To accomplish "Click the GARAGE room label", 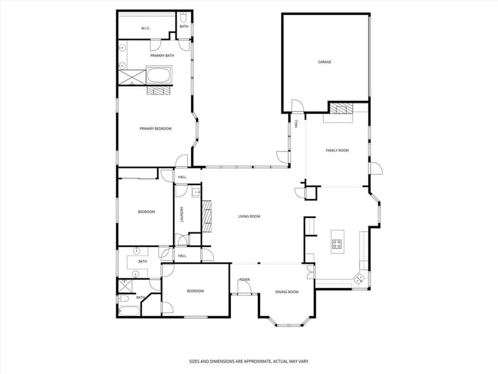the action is coord(324,62).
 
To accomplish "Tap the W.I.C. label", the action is coord(146,29).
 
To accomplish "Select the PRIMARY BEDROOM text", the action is coord(155,129).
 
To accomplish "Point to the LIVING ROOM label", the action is coord(249,216).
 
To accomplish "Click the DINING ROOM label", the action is coord(286,292).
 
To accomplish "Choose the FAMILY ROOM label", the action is coord(337,150).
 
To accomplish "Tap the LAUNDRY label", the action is coord(182,214).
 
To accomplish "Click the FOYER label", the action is coord(245,280).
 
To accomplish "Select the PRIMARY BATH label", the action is coord(162,55).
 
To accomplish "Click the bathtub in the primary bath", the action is coord(159,75).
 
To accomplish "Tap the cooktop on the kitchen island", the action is coord(337,244).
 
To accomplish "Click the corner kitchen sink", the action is coord(360,279).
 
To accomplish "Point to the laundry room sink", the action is coord(196,193).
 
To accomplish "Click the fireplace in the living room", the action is coord(207,216).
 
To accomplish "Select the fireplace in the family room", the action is coord(341,108).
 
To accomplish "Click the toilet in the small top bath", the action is coord(184,17).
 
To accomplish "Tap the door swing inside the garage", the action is coord(298,106).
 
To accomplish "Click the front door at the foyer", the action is coord(245,288).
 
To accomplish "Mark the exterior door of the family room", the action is coord(376,168).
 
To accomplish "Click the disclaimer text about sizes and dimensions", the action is coord(249,362).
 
